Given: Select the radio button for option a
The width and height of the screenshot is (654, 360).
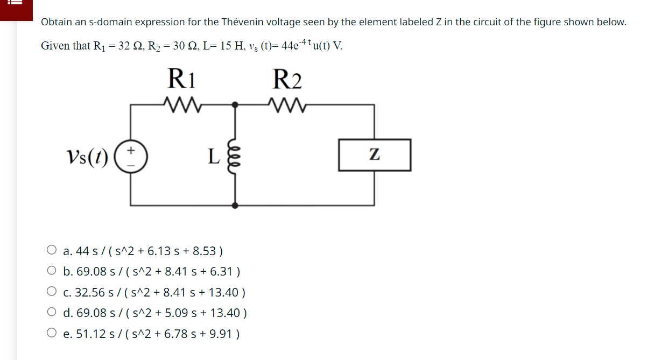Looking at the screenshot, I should pyautogui.click(x=52, y=250).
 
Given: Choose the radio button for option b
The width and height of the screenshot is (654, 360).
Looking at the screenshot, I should pyautogui.click(x=52, y=271).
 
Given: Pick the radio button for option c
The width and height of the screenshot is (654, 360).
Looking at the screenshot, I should pyautogui.click(x=52, y=292).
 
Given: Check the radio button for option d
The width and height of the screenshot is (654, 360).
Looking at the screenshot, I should pyautogui.click(x=52, y=313).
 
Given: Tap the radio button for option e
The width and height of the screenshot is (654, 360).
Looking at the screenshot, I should pyautogui.click(x=52, y=334).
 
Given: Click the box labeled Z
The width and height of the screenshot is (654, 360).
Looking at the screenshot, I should pyautogui.click(x=375, y=155).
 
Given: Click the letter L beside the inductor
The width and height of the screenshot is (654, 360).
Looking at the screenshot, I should pyautogui.click(x=214, y=157).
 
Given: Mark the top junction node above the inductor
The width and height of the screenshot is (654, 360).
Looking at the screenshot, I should pyautogui.click(x=234, y=105).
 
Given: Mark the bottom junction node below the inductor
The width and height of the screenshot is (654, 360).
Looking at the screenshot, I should pyautogui.click(x=234, y=205).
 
